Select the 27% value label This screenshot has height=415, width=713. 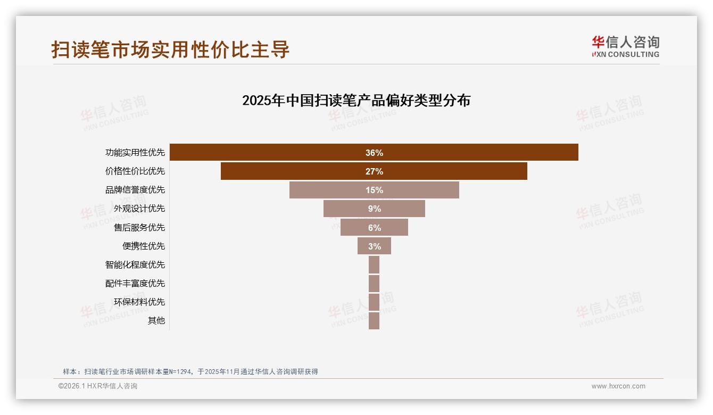coord(374,171)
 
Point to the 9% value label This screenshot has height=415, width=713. coord(374,209)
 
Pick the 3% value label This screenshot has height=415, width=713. coord(374,246)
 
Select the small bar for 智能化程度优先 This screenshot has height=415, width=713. coord(374,264)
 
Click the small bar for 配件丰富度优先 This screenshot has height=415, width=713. coord(374,283)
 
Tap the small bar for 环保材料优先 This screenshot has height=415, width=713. coord(374,302)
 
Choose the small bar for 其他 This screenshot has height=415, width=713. coord(374,320)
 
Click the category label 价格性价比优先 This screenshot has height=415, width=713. coord(135,171)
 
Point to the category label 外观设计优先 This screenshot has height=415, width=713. coord(139,209)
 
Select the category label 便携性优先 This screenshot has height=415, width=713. coord(144,246)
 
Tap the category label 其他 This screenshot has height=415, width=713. coord(156,320)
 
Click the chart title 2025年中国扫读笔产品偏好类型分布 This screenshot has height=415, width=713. coord(356,101)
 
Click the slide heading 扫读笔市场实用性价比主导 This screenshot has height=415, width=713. coord(170,49)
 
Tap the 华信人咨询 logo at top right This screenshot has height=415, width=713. coord(625,46)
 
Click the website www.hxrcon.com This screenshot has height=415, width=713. coord(618,386)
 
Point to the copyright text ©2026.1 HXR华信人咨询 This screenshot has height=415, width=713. coord(98,386)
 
